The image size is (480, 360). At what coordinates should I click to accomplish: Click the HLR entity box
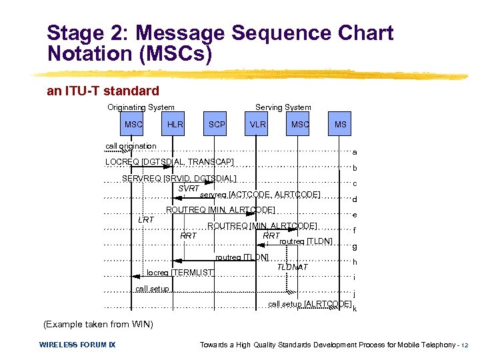(x=175, y=125)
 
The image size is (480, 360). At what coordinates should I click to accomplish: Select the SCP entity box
(x=217, y=125)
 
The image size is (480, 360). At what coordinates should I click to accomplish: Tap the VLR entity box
(x=257, y=125)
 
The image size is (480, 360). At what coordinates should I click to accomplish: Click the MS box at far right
(x=340, y=125)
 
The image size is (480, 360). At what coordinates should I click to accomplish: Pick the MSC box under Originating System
(x=133, y=125)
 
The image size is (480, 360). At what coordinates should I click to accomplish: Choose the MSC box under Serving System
(x=299, y=125)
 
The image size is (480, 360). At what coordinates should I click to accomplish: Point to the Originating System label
(x=141, y=107)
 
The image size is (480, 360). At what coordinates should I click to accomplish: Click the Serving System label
(x=283, y=107)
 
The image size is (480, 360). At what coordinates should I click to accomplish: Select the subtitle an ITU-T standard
(x=103, y=91)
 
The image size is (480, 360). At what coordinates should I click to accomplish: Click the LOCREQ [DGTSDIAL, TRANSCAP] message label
(x=169, y=162)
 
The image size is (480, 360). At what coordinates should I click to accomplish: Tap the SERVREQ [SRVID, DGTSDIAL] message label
(x=179, y=178)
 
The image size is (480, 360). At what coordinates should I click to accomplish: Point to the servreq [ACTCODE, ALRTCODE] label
(x=260, y=195)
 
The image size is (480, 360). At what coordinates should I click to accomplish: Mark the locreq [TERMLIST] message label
(x=180, y=272)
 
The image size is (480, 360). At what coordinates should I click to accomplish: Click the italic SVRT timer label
(x=189, y=189)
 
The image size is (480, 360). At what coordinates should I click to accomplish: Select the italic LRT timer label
(x=146, y=219)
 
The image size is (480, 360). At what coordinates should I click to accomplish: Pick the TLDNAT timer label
(x=293, y=267)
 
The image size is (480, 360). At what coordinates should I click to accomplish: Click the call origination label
(x=131, y=146)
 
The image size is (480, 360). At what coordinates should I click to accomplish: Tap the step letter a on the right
(x=355, y=152)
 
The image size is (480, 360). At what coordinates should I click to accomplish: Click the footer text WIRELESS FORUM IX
(x=77, y=345)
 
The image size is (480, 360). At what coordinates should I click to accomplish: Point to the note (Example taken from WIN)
(x=97, y=325)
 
